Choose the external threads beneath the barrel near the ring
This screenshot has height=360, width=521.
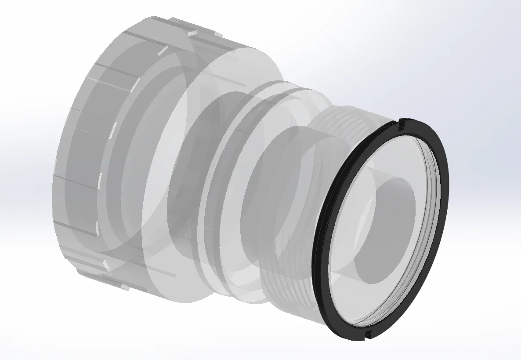click(286, 286)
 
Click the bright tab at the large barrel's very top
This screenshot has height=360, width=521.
click(192, 32)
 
